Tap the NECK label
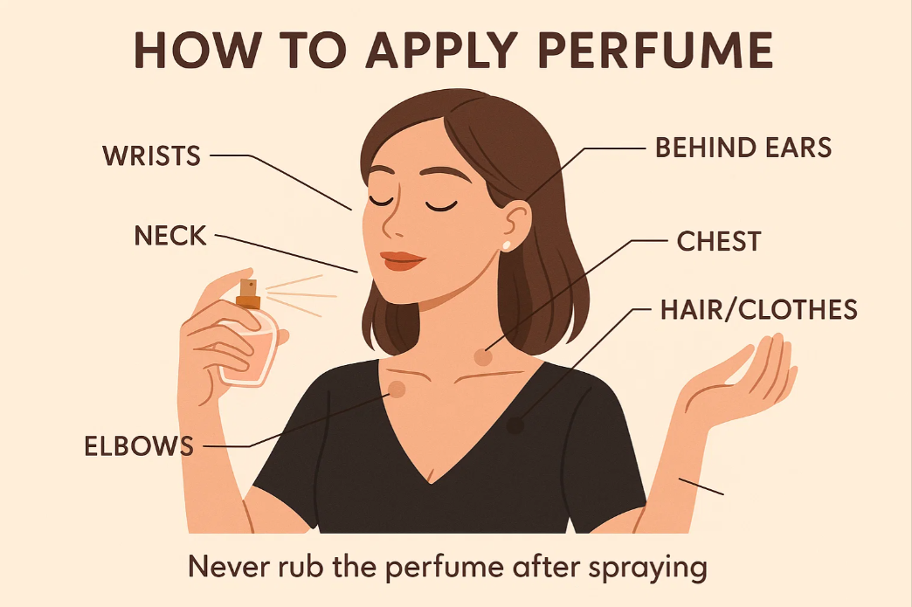point(170,235)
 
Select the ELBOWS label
point(139,446)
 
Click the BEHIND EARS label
point(743,147)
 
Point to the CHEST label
point(719,242)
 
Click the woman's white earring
point(506,244)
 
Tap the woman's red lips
point(402,260)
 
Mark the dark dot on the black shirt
point(515,426)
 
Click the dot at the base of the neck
point(482,356)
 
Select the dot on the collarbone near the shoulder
point(397,390)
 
